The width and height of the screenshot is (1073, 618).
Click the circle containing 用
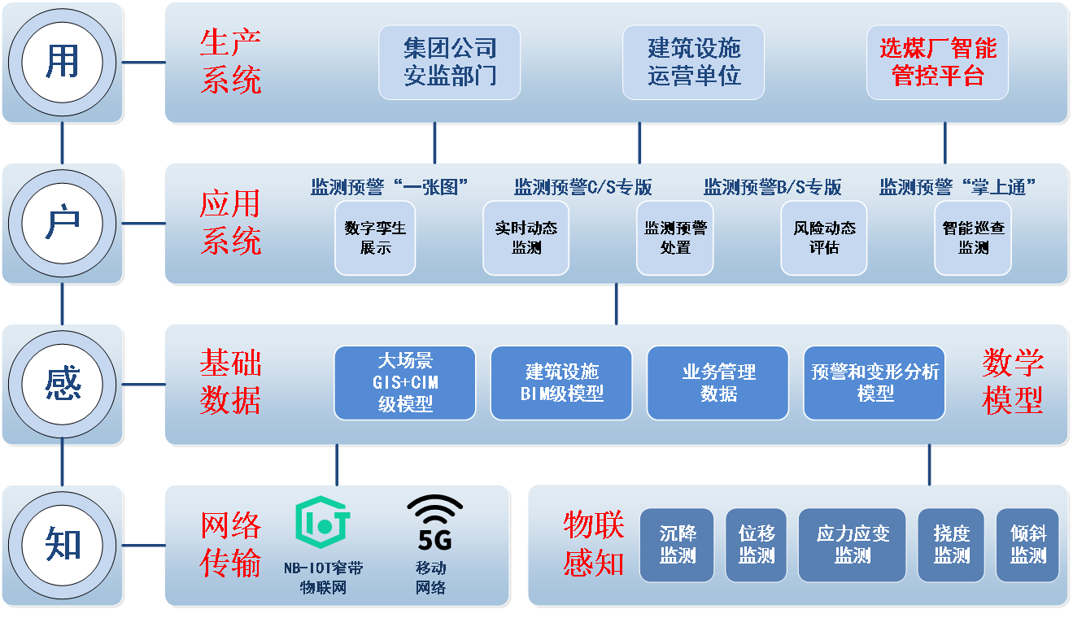[x=63, y=63]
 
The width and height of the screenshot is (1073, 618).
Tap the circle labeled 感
[x=63, y=385]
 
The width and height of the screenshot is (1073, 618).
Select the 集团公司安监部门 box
[x=449, y=63]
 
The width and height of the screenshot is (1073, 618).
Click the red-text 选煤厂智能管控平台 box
[x=937, y=63]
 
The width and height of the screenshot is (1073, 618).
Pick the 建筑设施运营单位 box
[x=693, y=63]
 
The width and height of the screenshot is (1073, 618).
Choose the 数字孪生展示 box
[x=375, y=238]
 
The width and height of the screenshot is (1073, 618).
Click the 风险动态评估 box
[x=824, y=238]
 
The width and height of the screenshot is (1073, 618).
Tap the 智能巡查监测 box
[x=973, y=238]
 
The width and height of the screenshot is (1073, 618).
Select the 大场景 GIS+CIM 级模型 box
[x=405, y=383]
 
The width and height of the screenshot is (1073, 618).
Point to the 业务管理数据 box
[x=718, y=383]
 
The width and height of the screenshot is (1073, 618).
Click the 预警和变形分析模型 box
[x=875, y=383]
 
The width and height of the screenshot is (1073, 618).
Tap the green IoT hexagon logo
[x=322, y=522]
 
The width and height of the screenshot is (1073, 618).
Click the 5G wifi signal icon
[x=435, y=523]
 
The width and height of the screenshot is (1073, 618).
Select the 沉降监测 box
[x=677, y=546]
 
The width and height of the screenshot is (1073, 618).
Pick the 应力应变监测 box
[x=853, y=546]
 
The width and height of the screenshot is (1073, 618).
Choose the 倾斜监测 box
[x=1027, y=546]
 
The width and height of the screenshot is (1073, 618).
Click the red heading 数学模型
[x=1012, y=381]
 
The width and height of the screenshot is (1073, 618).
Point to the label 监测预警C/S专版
[x=583, y=187]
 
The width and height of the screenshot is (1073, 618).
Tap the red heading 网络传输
[x=230, y=544]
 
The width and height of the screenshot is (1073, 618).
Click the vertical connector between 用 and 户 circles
[x=63, y=142]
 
